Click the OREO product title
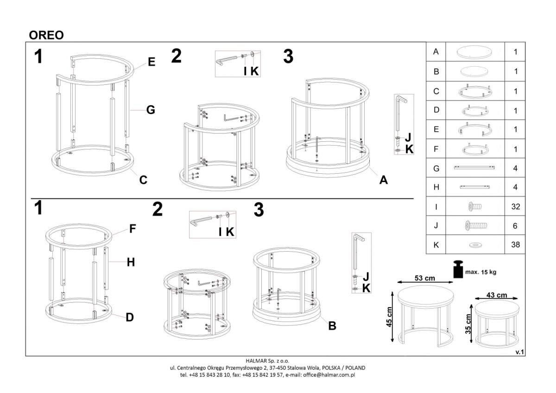coord(46,35)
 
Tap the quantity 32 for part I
coord(516,207)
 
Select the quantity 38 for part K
coord(516,245)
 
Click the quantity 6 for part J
coord(515,226)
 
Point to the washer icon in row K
coord(475,245)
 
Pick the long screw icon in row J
coord(476,226)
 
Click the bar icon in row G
coord(474,168)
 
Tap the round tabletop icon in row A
coord(474,52)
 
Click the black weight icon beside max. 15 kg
coord(458,269)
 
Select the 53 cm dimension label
coord(425,278)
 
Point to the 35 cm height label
coord(468,324)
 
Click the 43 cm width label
coord(497,295)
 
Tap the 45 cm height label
coord(389,317)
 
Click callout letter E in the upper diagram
coord(152,62)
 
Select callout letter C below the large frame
coord(143,180)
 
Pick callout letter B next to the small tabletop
coord(332,326)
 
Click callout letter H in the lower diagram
coord(131,262)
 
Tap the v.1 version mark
coord(519,352)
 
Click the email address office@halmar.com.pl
coord(329,375)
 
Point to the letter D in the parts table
coord(436,110)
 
